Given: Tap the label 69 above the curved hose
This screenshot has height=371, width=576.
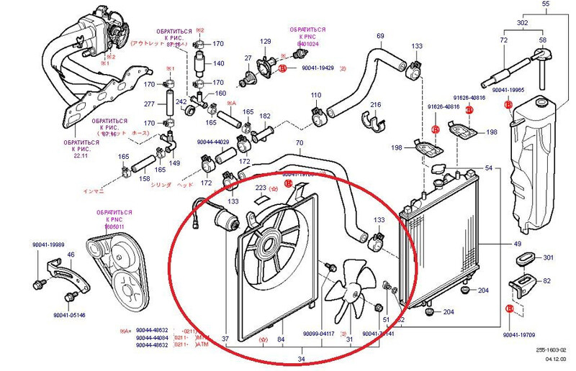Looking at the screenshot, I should pyautogui.click(x=380, y=35).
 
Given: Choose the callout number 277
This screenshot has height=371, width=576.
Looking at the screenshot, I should pyautogui.click(x=150, y=104).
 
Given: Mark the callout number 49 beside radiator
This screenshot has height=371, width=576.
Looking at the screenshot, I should pyautogui.click(x=517, y=244).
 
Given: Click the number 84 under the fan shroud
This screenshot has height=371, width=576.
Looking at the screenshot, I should pyautogui.click(x=281, y=339).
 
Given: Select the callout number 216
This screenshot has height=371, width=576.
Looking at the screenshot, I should pyautogui.click(x=374, y=105).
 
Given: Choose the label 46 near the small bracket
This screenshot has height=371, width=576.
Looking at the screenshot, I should pyautogui.click(x=71, y=255).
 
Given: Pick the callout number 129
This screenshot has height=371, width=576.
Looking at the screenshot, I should pyautogui.click(x=265, y=41).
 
